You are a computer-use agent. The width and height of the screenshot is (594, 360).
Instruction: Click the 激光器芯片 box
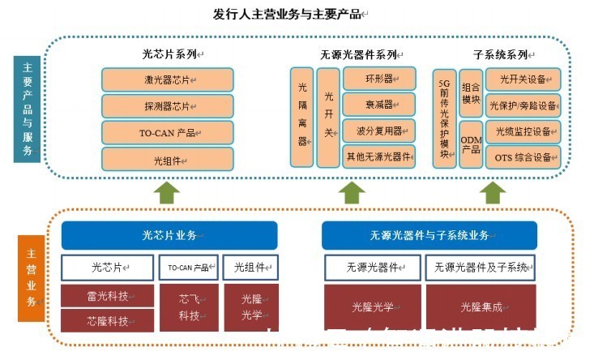[x=168, y=79]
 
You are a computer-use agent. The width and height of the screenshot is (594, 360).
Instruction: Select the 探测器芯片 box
[x=168, y=106]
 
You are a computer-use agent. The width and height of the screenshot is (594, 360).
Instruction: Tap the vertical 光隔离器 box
[x=302, y=117]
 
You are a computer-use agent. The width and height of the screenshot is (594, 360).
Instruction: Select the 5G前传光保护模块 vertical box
[x=444, y=118]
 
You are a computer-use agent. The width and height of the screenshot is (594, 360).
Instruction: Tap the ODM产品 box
[x=471, y=144]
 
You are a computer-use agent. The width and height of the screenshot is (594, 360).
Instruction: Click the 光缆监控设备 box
[x=523, y=131]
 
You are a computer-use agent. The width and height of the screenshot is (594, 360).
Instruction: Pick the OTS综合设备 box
[x=523, y=156]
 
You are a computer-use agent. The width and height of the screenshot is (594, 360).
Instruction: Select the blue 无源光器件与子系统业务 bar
[x=429, y=235]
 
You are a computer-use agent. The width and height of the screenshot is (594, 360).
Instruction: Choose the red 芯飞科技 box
[x=189, y=307]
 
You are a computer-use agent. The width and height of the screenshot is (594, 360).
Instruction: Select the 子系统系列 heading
[x=501, y=55]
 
